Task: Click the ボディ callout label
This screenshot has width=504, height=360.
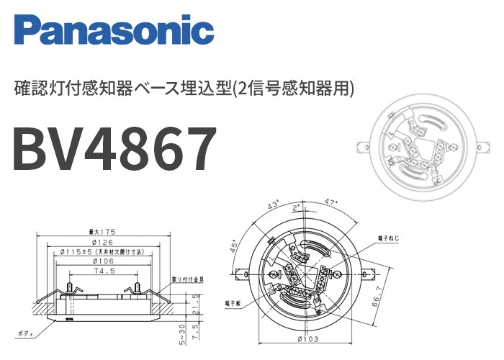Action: pyautogui.click(x=27, y=335)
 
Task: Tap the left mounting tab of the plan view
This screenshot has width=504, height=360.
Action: pyautogui.click(x=240, y=273)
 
